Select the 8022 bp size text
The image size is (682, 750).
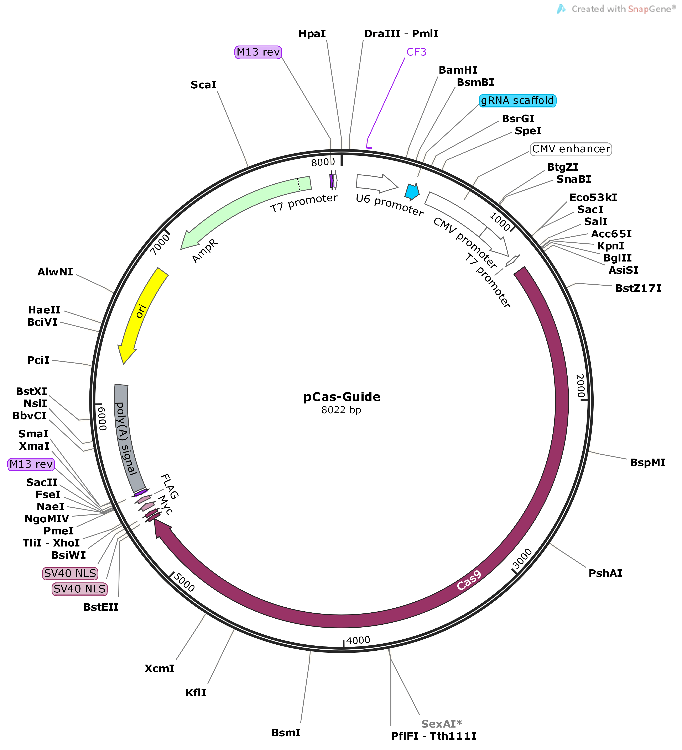341,410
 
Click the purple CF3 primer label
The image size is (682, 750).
416,52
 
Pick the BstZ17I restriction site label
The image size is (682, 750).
638,288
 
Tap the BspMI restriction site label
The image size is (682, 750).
647,463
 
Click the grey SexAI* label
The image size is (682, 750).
441,724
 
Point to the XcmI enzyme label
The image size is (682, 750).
159,669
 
